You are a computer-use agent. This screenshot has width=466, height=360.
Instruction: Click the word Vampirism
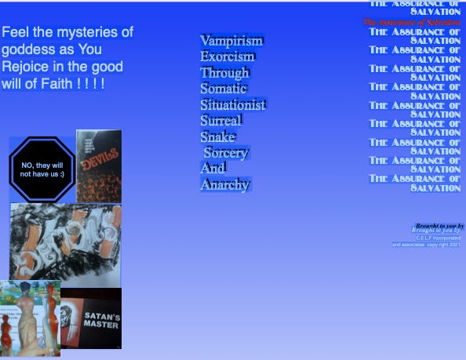[231, 41]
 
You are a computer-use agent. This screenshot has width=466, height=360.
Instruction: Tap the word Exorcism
[227, 57]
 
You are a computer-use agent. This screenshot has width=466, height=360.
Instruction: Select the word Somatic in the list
[224, 89]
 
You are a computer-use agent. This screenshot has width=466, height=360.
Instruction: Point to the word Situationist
[233, 104]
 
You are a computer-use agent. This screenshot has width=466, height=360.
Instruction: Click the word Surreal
[220, 121]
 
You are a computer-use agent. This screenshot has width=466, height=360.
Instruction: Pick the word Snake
[217, 137]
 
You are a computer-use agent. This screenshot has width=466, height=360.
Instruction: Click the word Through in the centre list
[224, 73]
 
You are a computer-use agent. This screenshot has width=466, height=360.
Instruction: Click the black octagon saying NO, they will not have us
[42, 169]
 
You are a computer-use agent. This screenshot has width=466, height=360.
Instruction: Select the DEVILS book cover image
[99, 166]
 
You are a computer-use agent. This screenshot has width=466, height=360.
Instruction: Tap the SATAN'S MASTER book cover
[92, 318]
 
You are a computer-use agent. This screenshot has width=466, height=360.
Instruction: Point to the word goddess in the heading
[28, 49]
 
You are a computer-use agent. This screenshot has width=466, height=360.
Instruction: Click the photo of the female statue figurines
[30, 318]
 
